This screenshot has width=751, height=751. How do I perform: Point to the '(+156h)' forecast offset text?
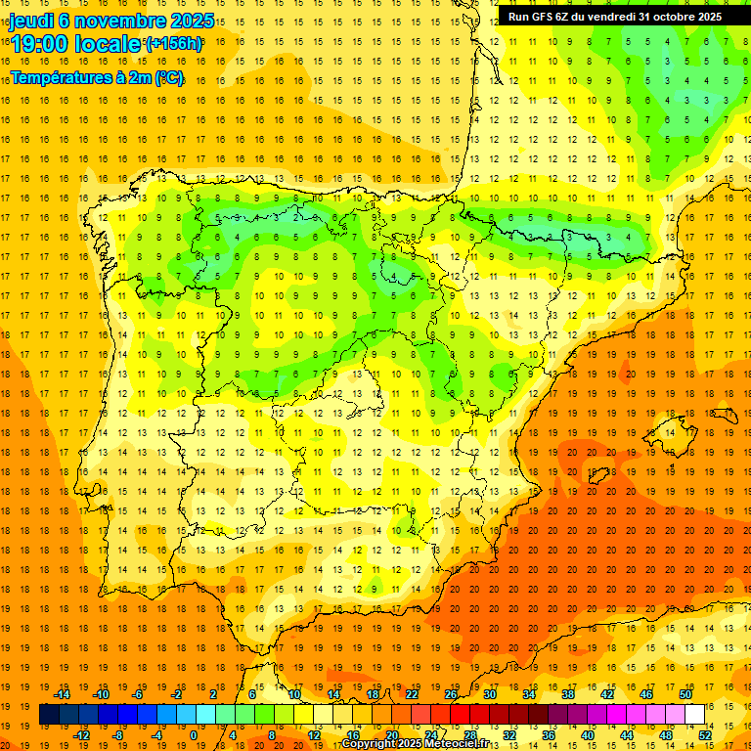coord(173,43)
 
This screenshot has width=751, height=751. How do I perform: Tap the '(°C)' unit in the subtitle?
coord(167,77)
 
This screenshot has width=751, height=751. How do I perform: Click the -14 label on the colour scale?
coord(63,694)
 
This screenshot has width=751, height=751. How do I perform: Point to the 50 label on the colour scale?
coord(685,694)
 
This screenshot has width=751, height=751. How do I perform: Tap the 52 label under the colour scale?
coord(705,735)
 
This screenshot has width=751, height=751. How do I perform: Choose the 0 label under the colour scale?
coord(195,735)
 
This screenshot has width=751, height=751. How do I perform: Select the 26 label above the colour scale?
coord(450,694)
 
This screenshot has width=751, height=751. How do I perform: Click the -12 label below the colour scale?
coord(82,735)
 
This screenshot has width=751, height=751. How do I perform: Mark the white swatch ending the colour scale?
coord(694,715)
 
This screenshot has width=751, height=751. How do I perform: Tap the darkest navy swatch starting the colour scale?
coord(49,715)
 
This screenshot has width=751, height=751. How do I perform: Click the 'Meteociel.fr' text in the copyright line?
coord(452,744)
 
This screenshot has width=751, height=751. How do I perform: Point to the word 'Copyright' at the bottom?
coord(368,744)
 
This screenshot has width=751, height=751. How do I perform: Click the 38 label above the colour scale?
coord(567,694)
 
